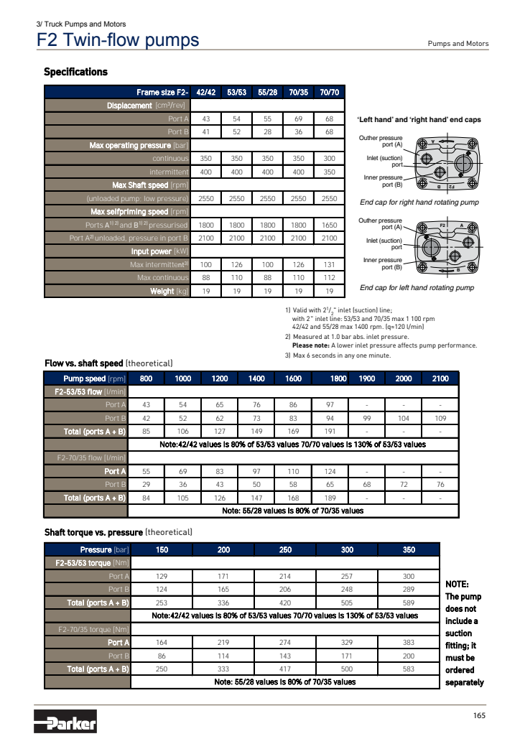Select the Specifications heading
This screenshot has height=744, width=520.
75,72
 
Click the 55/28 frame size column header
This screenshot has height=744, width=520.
267,92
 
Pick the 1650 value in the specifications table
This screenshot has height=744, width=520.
329,224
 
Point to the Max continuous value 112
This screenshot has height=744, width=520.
329,278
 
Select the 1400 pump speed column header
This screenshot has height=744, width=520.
256,378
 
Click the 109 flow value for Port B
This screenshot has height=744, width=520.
440,418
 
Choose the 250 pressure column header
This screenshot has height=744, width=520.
285,549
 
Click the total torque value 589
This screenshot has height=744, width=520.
409,602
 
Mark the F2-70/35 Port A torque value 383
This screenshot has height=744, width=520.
409,642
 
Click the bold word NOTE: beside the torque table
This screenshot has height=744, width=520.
457,584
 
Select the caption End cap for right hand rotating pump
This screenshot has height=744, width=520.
419,203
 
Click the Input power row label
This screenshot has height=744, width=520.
159,251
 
